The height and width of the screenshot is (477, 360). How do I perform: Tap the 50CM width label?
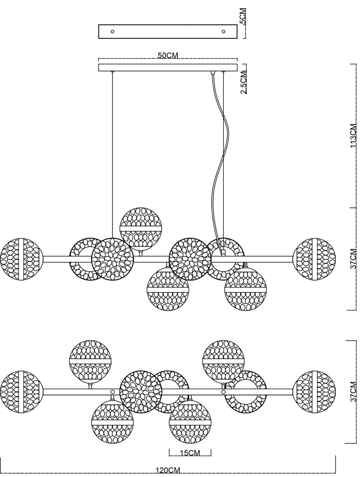point(167,56)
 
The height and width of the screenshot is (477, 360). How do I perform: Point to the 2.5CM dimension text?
point(243,82)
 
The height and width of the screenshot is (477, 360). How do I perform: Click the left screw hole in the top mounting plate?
point(113,31)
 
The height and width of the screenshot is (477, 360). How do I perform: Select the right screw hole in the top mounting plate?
point(223,31)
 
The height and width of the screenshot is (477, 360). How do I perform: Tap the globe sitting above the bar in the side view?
point(141,229)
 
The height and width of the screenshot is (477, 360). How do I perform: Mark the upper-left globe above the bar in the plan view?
point(90,361)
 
